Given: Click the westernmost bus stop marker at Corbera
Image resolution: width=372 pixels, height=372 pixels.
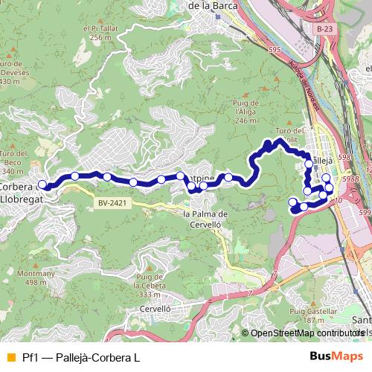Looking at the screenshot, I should [x=42, y=185].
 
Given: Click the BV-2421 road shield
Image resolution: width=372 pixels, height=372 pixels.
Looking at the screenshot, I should [x=108, y=202].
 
